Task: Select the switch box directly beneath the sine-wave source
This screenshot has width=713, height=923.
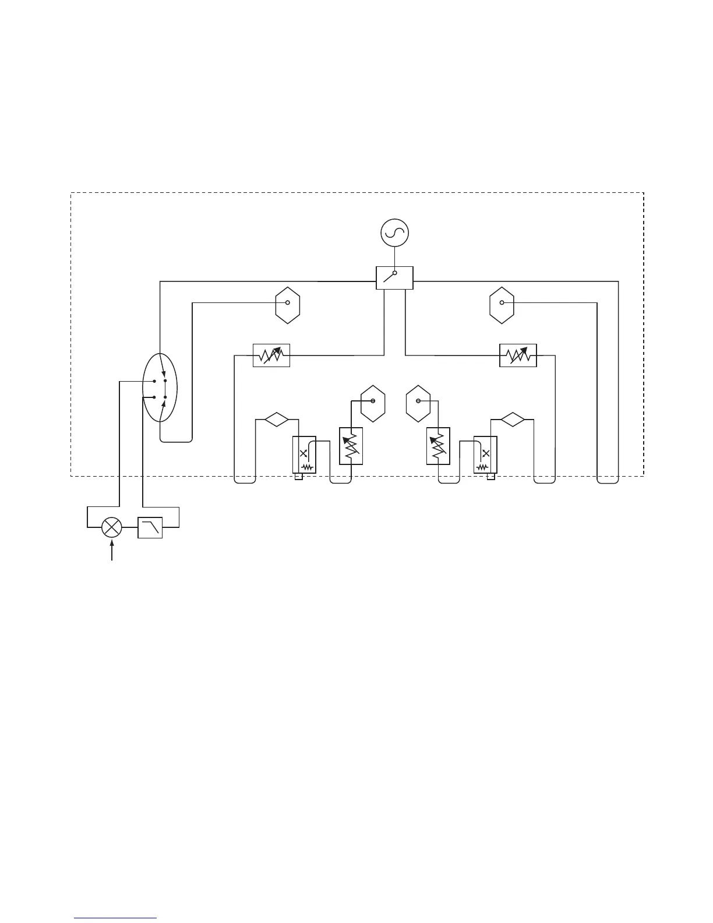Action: point(394,277)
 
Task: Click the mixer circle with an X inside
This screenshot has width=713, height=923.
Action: point(111,528)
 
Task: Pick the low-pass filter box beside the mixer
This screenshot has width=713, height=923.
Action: point(150,528)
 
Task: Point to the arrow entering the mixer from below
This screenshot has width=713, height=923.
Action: point(111,550)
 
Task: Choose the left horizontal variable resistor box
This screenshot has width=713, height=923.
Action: point(271,355)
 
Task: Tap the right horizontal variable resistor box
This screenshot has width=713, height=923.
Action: point(518,355)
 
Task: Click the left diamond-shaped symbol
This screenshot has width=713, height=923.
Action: point(276,419)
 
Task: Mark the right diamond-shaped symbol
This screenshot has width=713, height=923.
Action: point(512,419)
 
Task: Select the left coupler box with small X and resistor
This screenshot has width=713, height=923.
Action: point(303,455)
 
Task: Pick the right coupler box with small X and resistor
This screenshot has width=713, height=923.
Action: point(485,455)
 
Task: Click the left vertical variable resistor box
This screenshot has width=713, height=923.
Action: point(351,446)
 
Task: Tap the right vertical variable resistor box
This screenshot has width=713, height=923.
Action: point(438,446)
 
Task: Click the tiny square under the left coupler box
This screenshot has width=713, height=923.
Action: point(298,477)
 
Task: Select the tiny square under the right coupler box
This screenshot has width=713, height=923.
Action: point(490,477)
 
